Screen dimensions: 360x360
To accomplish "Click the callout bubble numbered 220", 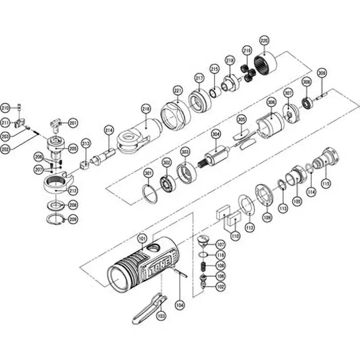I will pos(264,41).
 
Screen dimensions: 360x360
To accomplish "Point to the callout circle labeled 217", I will pos(197,77).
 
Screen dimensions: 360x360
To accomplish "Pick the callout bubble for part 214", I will pos(108,130).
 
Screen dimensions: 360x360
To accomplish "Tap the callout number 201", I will pos(73,122).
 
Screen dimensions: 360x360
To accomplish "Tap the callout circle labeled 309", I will pos(321,72).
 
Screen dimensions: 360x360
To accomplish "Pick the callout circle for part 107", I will pos(220,245).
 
